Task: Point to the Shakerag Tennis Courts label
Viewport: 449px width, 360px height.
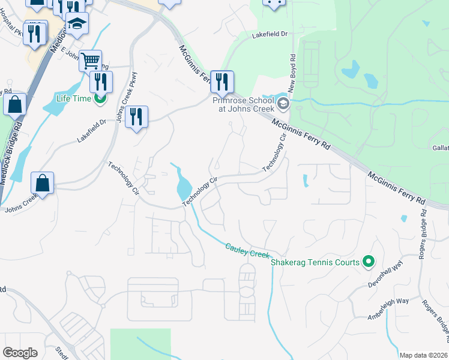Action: pyautogui.click(x=315, y=262)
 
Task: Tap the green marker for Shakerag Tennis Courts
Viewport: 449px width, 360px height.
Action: pyautogui.click(x=369, y=262)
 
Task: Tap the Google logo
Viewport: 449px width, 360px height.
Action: pyautogui.click(x=20, y=353)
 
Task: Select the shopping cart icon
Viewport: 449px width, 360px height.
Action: pyautogui.click(x=90, y=59)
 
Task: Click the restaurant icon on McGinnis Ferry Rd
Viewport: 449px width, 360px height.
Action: pyautogui.click(x=222, y=82)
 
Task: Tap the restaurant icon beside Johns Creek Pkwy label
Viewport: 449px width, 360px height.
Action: pyautogui.click(x=136, y=116)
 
